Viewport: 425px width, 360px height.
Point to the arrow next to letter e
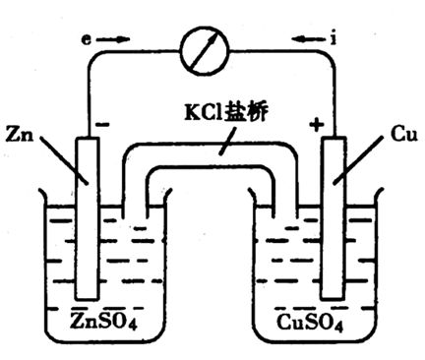pos(115,41)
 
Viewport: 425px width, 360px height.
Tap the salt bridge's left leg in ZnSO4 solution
pos(132,216)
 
